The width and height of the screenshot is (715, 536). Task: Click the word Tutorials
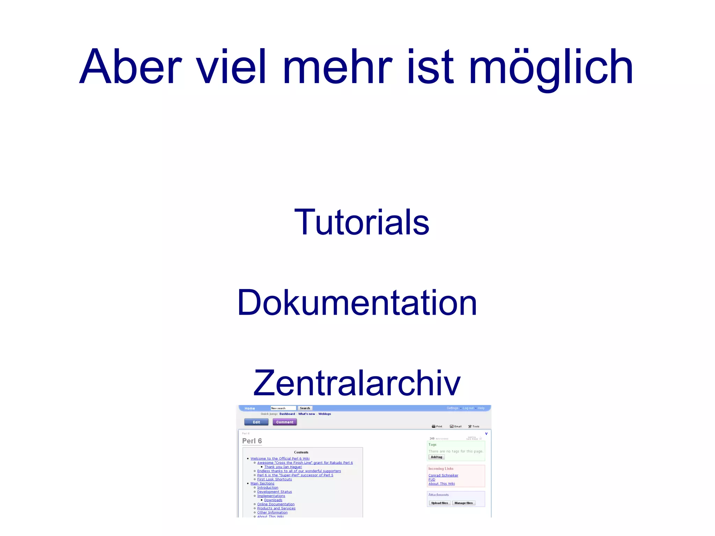click(362, 222)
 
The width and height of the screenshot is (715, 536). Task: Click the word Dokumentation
click(357, 303)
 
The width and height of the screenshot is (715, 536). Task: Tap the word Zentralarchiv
click(357, 383)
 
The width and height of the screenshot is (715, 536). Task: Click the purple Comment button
click(285, 422)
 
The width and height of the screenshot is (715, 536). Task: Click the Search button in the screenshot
click(305, 408)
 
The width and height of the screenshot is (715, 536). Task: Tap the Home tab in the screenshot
click(250, 408)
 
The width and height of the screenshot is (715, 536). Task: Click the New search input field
click(283, 408)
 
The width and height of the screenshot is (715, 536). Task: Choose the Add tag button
click(436, 457)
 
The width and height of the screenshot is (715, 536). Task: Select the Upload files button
click(440, 503)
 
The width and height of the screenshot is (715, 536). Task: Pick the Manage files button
click(464, 503)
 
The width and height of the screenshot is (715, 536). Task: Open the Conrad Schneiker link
click(443, 476)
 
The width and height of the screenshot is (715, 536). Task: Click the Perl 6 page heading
click(252, 441)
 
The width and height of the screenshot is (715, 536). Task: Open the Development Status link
click(274, 492)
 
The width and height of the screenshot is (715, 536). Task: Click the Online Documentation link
click(276, 504)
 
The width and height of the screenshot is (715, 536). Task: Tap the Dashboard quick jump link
click(287, 414)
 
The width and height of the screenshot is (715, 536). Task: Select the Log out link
click(468, 408)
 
